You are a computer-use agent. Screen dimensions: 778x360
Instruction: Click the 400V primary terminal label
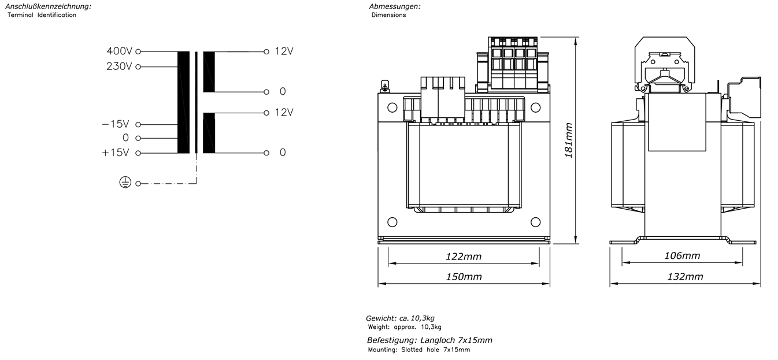[x=120, y=51]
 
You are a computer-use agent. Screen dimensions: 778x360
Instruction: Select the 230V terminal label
[x=119, y=66]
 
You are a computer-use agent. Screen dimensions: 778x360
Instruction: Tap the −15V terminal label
[x=115, y=124]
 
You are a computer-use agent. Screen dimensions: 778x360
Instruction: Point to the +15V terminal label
[x=115, y=153]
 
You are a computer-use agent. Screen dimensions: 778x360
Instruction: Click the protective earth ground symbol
[x=125, y=182]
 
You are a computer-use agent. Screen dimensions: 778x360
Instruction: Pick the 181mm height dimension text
[x=568, y=140]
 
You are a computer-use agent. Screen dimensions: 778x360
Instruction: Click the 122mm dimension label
[x=464, y=257]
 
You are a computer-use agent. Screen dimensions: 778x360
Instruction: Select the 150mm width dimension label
[x=464, y=277]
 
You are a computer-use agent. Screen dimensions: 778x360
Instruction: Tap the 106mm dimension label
[x=682, y=256]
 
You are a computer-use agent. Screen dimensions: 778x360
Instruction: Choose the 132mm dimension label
[x=685, y=277]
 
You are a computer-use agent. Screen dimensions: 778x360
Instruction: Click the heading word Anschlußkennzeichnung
[x=49, y=6]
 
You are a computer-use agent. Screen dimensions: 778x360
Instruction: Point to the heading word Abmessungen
[x=395, y=6]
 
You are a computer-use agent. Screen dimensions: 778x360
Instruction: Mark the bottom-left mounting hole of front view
[x=392, y=222]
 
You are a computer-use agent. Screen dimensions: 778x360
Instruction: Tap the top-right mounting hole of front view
[x=536, y=107]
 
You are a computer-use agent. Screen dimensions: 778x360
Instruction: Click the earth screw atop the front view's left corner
[x=385, y=86]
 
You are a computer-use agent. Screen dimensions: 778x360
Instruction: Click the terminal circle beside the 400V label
[x=138, y=52]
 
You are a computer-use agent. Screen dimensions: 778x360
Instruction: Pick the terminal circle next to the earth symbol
[x=138, y=183]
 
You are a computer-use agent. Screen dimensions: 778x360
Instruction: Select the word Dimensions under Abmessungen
[x=388, y=15]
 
